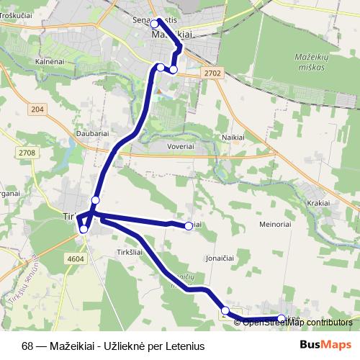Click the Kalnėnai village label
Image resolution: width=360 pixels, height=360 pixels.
point(50,62)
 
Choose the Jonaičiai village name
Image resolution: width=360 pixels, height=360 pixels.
point(220,256)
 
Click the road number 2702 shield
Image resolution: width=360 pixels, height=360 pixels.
point(213,73)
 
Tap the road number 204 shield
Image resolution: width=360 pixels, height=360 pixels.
point(38,109)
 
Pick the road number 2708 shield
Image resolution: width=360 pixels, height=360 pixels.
point(27,153)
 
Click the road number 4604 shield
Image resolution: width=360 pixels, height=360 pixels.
point(75,258)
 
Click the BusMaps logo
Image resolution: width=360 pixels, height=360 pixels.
point(325,344)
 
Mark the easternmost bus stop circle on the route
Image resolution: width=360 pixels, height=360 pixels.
point(282,318)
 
